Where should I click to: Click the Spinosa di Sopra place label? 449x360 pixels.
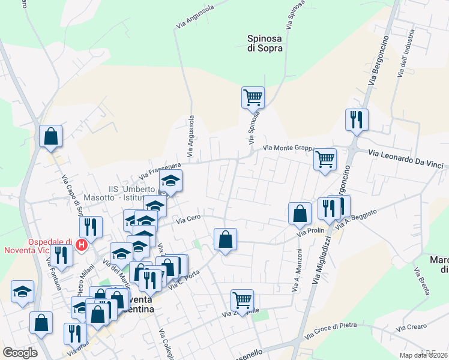click(265, 44)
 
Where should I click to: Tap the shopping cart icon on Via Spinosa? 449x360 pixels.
click(253, 97)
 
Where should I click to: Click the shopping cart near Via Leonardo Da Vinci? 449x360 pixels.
click(325, 160)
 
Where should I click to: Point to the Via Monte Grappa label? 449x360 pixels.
click(289, 148)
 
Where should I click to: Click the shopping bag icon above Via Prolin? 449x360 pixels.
click(300, 214)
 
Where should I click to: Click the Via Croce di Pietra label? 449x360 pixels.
click(331, 329)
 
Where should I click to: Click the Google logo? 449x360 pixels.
click(20, 353)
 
